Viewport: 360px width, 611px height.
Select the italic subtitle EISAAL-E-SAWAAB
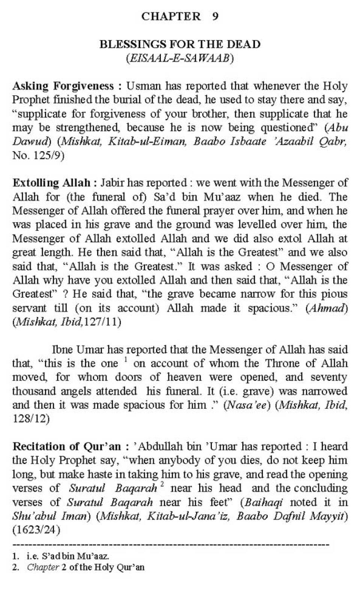[180, 58]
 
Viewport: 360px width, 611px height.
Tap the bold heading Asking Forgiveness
[63, 86]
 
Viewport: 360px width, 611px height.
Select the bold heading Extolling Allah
[51, 183]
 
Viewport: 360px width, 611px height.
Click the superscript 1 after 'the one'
[126, 360]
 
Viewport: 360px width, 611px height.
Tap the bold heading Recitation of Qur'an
[67, 446]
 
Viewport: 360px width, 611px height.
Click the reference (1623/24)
[36, 530]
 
